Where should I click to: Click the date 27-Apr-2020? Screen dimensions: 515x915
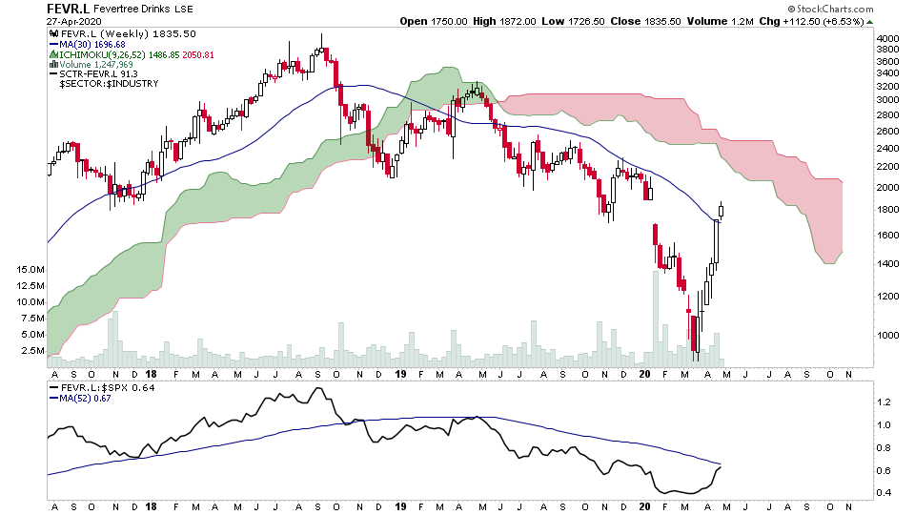(x=74, y=22)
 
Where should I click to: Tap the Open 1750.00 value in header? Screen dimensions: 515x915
(x=427, y=21)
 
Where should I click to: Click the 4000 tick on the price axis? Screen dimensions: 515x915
(x=887, y=38)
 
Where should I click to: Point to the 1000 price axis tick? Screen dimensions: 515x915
(x=887, y=335)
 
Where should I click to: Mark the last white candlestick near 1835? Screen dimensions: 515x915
(x=722, y=211)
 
